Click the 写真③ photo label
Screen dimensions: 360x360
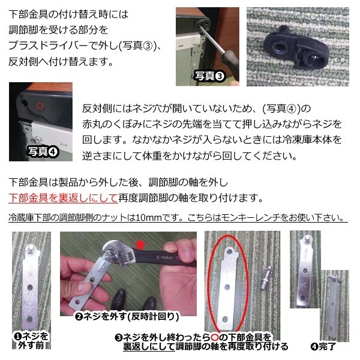(x=209, y=76)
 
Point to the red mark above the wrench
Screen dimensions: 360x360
(x=158, y=244)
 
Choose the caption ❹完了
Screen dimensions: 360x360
(x=324, y=346)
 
